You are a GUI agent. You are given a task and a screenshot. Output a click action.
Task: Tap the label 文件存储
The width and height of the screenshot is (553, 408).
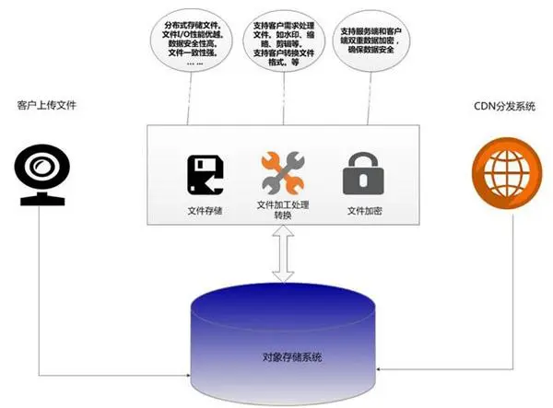pos(205,210)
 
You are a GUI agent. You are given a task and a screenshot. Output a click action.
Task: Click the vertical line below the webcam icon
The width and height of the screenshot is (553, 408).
pos(40,295)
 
